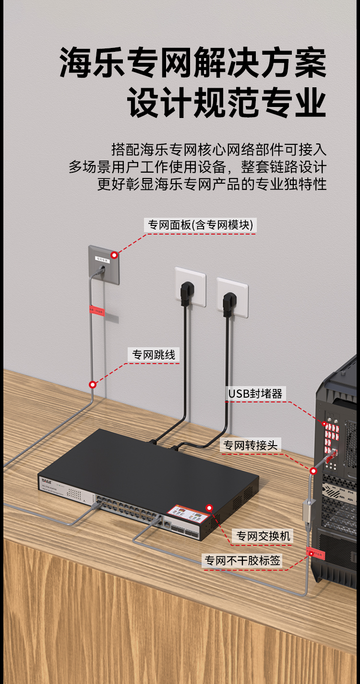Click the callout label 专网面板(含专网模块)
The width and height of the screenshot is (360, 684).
coord(201,225)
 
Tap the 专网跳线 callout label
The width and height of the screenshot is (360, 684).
coord(154,355)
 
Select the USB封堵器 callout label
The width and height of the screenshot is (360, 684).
coord(255,394)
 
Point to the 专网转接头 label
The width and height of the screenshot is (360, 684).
coord(250,445)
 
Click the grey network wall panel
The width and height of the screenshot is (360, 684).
coord(103,265)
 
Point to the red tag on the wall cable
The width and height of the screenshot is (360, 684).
coord(96,310)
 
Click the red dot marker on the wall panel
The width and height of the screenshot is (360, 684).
coord(114,255)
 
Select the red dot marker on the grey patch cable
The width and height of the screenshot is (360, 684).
coord(93,384)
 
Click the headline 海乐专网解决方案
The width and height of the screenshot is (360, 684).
coord(193,63)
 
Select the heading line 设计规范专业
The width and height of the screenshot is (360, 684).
coord(227,103)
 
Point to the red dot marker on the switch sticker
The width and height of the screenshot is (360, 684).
coord(209,507)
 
